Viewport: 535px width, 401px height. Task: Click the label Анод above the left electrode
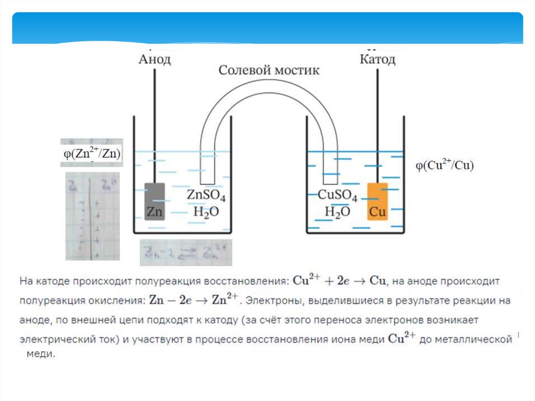[x=155, y=59]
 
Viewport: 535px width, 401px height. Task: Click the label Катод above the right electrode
[x=377, y=59]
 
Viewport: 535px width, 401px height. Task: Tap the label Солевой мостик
[x=269, y=71]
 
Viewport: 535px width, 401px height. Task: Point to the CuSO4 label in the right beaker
[x=338, y=197]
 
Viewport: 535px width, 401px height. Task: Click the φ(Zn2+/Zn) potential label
[x=91, y=153]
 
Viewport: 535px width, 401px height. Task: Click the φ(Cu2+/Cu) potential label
[x=444, y=166]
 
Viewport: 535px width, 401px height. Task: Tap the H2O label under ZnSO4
[x=206, y=212]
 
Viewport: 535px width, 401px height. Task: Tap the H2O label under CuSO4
[x=337, y=212]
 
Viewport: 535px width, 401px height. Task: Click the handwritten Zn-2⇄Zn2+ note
[x=185, y=253]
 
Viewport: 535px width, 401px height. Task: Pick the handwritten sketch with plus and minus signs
[x=92, y=216]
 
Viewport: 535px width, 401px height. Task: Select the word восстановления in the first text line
[x=249, y=281]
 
